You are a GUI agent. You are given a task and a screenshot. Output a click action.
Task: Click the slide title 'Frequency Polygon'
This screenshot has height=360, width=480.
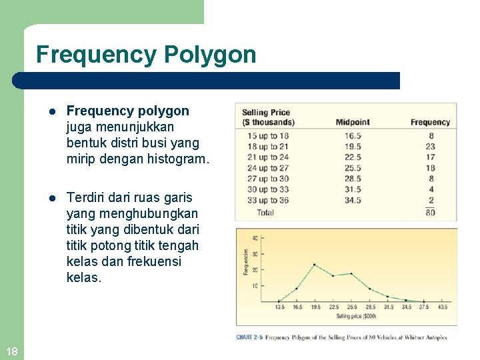click(x=146, y=55)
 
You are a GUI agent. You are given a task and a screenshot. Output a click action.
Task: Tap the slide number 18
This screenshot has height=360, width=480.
click(x=11, y=351)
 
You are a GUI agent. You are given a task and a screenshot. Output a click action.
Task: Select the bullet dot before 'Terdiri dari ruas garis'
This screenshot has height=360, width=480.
click(x=53, y=198)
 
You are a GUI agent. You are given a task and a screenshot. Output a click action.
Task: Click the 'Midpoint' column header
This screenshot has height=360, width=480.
click(x=353, y=122)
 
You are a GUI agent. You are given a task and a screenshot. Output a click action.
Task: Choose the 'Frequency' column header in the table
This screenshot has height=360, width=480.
click(x=430, y=122)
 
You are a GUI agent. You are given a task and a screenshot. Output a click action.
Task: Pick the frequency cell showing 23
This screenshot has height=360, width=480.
click(x=430, y=147)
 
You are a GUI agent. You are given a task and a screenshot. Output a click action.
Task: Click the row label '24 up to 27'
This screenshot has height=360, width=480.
click(x=268, y=168)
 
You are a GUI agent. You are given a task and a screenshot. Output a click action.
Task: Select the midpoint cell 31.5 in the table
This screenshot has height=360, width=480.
click(x=353, y=189)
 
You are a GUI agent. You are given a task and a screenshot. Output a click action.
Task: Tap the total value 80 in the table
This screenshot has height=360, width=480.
click(x=430, y=213)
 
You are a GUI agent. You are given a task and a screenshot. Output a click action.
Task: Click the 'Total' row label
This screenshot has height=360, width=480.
click(x=265, y=213)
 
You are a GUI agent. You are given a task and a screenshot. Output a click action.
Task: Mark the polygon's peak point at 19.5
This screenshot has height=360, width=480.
click(x=315, y=265)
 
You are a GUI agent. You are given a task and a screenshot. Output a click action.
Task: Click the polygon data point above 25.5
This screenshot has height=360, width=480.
click(x=351, y=273)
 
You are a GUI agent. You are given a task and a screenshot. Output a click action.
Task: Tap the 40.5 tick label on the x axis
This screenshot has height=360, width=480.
click(x=443, y=308)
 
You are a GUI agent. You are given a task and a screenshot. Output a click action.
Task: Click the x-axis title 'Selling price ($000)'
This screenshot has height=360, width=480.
click(x=357, y=316)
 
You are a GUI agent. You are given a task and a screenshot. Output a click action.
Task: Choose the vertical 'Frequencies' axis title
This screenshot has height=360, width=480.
click(x=245, y=261)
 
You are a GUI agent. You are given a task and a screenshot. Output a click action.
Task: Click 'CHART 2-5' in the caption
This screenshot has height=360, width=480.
click(x=249, y=338)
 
